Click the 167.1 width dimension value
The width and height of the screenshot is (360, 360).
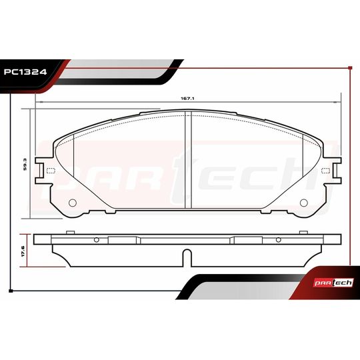coord(187,97)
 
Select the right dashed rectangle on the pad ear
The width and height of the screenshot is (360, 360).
coord(327,171)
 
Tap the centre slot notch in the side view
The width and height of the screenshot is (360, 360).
coord(186,256)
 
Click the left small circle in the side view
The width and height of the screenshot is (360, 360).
coord(97,240)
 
